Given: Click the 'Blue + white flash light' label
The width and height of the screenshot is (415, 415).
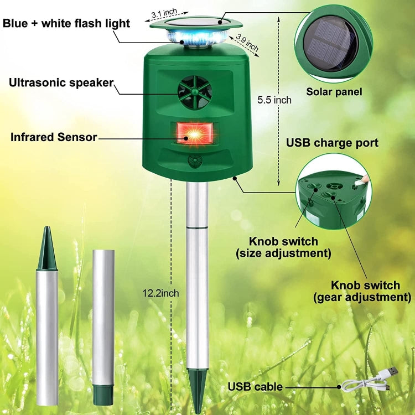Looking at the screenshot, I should click(66, 23).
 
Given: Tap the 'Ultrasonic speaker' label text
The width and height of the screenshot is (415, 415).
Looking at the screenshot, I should click(61, 83).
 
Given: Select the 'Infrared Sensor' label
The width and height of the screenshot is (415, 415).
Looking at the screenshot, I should click(54, 137).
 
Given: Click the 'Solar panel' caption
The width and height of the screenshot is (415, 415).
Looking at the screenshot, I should click(334, 92).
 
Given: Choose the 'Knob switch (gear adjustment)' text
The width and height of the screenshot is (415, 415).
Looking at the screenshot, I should click(365, 291).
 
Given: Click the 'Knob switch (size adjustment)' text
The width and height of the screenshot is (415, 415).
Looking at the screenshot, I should click(283, 247).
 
